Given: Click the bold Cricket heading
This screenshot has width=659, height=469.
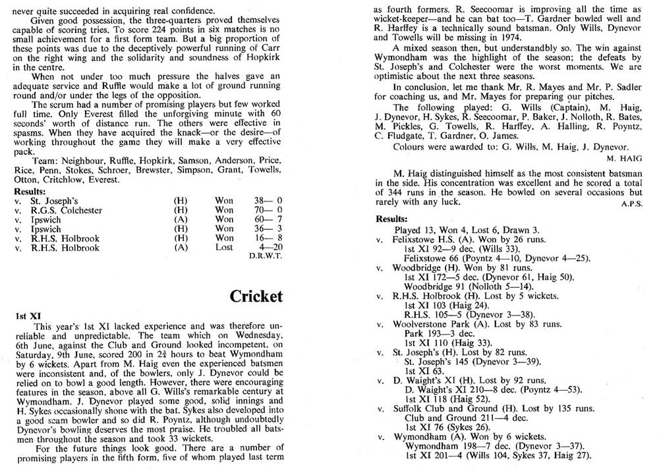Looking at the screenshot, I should click(x=256, y=296).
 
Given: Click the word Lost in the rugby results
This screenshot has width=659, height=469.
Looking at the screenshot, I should click(x=224, y=248).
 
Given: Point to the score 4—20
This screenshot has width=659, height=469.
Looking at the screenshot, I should click(x=268, y=248).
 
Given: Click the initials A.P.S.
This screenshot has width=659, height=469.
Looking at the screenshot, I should click(x=631, y=204).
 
